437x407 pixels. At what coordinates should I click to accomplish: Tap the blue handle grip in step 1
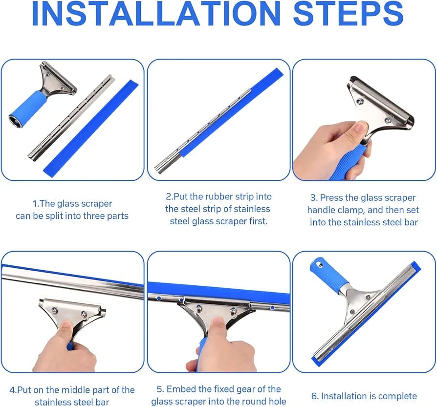(28, 107)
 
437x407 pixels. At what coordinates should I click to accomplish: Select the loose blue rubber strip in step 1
(91, 128)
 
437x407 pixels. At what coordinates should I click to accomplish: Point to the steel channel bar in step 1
(71, 118)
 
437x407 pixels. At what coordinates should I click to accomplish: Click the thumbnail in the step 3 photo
(361, 128)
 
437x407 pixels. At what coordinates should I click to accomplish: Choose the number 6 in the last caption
(314, 396)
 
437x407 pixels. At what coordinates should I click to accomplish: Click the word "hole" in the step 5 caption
(276, 401)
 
